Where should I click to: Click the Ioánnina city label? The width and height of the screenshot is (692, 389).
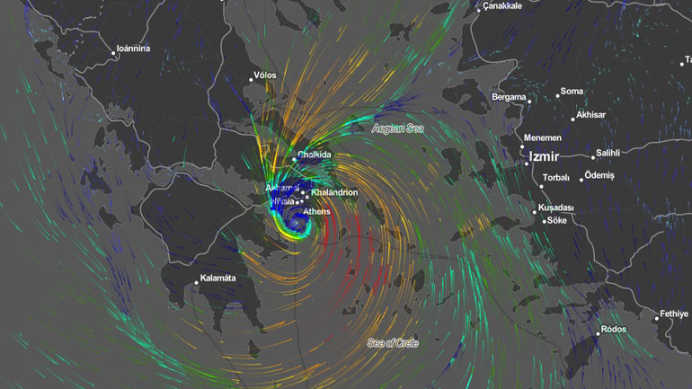133,49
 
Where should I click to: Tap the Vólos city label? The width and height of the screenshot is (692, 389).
265,75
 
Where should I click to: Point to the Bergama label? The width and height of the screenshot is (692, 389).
509,97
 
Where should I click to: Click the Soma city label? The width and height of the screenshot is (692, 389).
572,92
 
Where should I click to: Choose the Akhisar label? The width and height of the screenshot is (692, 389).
591,115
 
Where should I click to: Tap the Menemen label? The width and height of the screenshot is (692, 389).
544,138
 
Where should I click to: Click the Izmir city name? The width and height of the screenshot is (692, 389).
545,156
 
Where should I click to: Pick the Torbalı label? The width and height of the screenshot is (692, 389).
556,178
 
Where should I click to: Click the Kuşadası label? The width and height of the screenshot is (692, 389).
555,208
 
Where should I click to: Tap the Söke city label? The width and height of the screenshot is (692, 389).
557,220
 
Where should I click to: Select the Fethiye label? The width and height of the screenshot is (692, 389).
674,314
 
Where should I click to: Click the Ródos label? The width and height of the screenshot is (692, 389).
614,330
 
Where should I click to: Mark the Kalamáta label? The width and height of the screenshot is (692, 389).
217,278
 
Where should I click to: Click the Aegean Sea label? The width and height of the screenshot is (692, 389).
397,128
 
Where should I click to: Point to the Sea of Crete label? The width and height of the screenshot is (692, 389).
393,342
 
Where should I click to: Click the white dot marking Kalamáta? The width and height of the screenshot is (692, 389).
196,283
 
